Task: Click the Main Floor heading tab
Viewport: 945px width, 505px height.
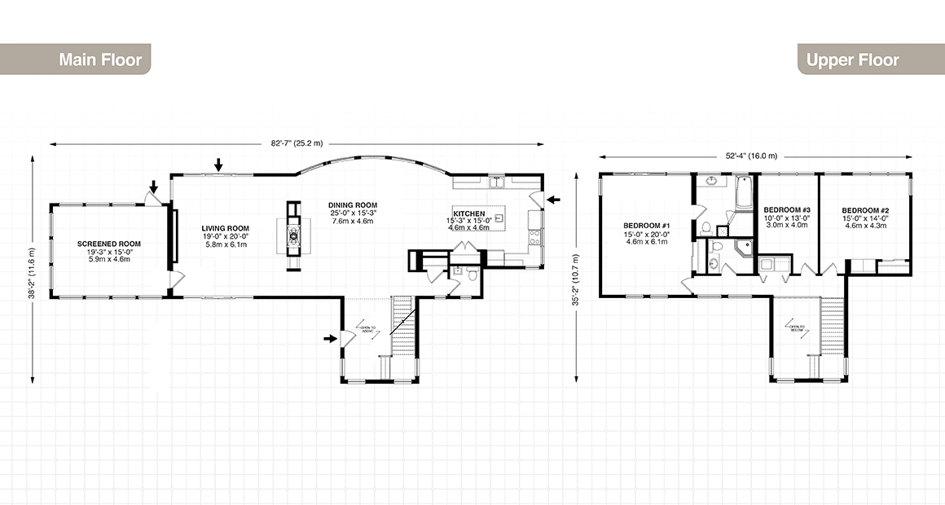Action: coord(99,60)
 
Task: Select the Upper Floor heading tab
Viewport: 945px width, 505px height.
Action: coord(852,60)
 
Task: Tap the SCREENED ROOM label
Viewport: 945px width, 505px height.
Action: coord(109,244)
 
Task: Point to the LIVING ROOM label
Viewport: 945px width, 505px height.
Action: coord(226,229)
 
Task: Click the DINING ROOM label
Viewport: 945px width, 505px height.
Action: coord(353,205)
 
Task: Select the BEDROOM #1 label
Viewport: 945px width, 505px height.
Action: coord(646,226)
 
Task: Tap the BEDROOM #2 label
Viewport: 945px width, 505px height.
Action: coord(864,210)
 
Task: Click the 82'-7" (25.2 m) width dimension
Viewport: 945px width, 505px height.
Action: coord(297,143)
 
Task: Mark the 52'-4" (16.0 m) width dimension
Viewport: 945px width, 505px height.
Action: coord(750,156)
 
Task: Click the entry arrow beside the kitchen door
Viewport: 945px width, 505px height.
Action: coord(553,198)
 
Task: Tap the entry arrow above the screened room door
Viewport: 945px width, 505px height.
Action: coord(153,166)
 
